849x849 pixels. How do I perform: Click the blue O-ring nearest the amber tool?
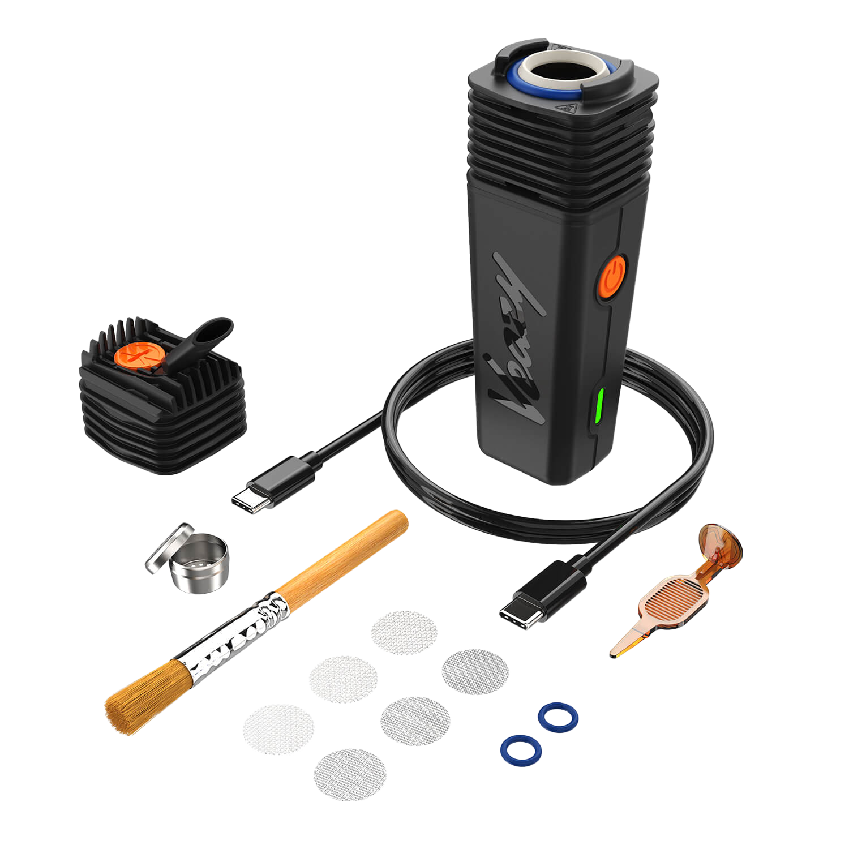tap(558, 717)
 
